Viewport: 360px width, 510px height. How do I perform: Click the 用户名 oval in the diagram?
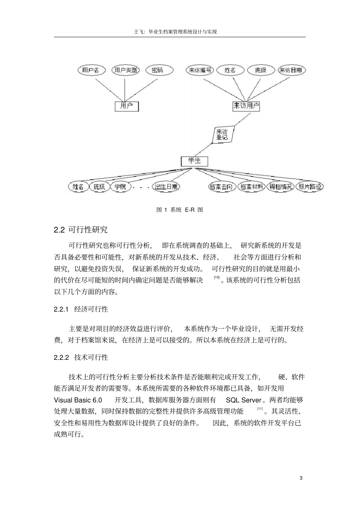coord(91,70)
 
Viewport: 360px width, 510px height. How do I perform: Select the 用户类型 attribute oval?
coord(126,70)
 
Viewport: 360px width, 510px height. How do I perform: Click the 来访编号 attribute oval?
coord(200,70)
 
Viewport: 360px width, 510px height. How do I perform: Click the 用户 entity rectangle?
coord(127,106)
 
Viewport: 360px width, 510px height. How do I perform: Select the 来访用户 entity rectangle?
coord(246,106)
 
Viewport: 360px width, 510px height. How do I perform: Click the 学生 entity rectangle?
coord(194,161)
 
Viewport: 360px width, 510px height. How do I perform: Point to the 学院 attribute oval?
coord(121,187)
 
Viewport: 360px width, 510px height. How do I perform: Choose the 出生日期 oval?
coord(166,187)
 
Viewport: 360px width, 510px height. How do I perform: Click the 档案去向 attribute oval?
coord(222,187)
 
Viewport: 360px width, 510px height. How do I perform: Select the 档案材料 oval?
coord(252,187)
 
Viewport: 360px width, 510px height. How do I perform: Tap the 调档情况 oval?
coord(281,187)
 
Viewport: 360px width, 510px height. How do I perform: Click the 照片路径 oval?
coord(310,187)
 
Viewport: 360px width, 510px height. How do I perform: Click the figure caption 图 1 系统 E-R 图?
coord(180,210)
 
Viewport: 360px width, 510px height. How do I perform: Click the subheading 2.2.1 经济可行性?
coord(81,309)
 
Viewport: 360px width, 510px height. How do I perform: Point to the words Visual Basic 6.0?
coord(78,400)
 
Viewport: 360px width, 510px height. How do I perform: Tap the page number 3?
coord(301,478)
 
